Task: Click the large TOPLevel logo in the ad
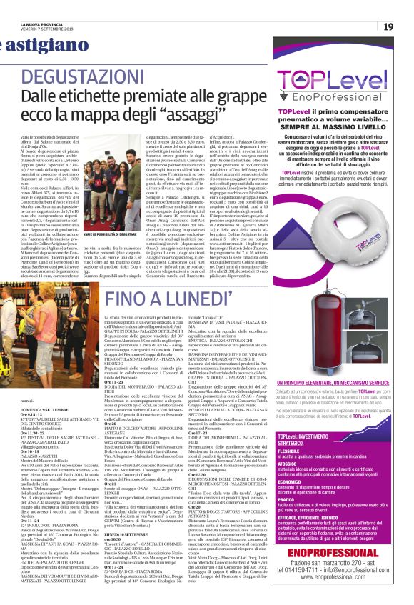pyautogui.click(x=328, y=81)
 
